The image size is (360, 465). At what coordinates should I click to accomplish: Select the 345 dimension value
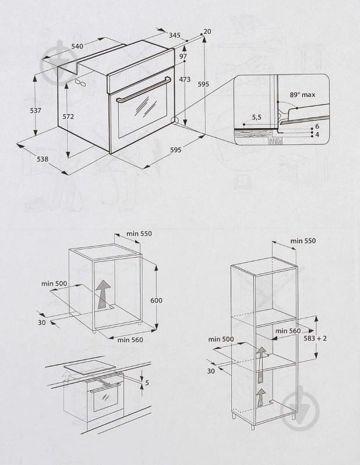[174, 36]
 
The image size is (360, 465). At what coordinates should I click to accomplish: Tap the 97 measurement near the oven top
[183, 56]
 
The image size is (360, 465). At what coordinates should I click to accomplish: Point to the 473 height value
[185, 80]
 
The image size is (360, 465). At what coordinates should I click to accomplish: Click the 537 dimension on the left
[36, 111]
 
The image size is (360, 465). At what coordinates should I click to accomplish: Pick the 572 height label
[68, 116]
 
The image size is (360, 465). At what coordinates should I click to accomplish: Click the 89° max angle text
[302, 95]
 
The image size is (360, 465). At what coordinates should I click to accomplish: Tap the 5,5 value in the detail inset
[256, 118]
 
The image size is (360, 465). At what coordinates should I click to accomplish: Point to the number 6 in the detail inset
[317, 126]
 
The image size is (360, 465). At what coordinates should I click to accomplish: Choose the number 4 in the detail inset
[317, 134]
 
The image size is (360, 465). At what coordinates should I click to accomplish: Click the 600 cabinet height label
[156, 300]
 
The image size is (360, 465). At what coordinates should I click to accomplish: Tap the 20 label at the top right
[207, 31]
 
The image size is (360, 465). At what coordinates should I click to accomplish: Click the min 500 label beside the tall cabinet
[221, 339]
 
